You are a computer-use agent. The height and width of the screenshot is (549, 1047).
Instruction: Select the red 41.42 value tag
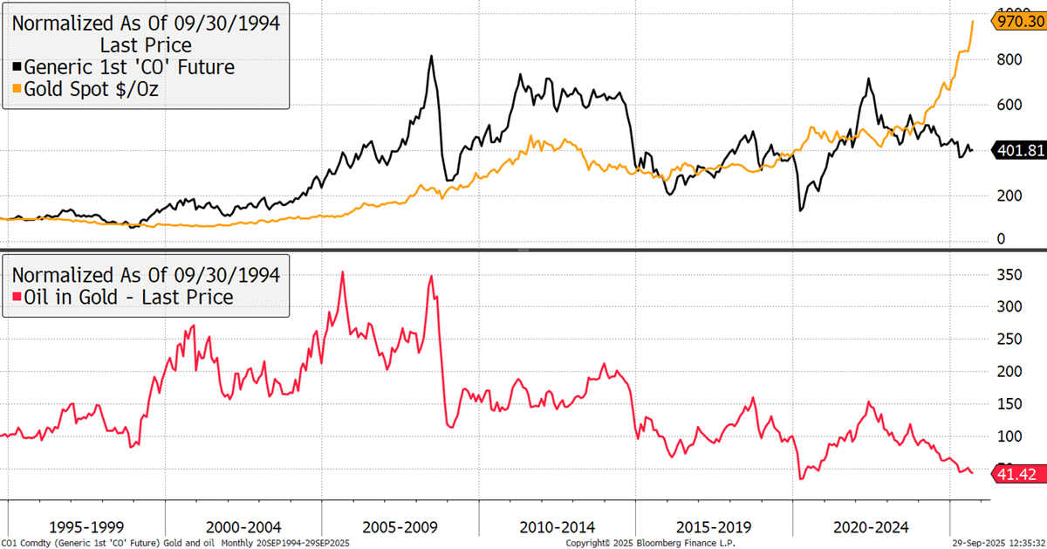pos(1017,473)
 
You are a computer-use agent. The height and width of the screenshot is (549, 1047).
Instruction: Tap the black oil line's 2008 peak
pos(431,57)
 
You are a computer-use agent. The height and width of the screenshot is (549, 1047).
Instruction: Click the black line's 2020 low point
pos(800,210)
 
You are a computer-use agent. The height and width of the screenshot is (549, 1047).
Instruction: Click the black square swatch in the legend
pos(17,67)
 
